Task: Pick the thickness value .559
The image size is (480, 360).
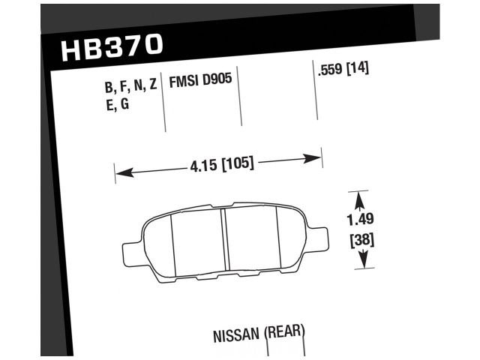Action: tap(331, 70)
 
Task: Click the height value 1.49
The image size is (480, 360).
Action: tap(361, 220)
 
